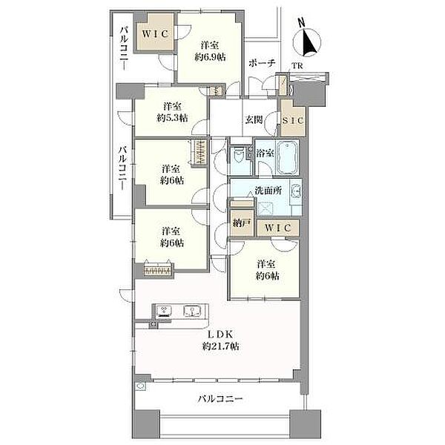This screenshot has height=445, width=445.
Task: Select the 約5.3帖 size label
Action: [x=172, y=118]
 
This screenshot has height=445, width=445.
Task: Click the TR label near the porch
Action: [x=297, y=65]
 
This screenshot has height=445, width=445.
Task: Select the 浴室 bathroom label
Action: [x=266, y=153]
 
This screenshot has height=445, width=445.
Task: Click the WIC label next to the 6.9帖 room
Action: [x=156, y=33]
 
